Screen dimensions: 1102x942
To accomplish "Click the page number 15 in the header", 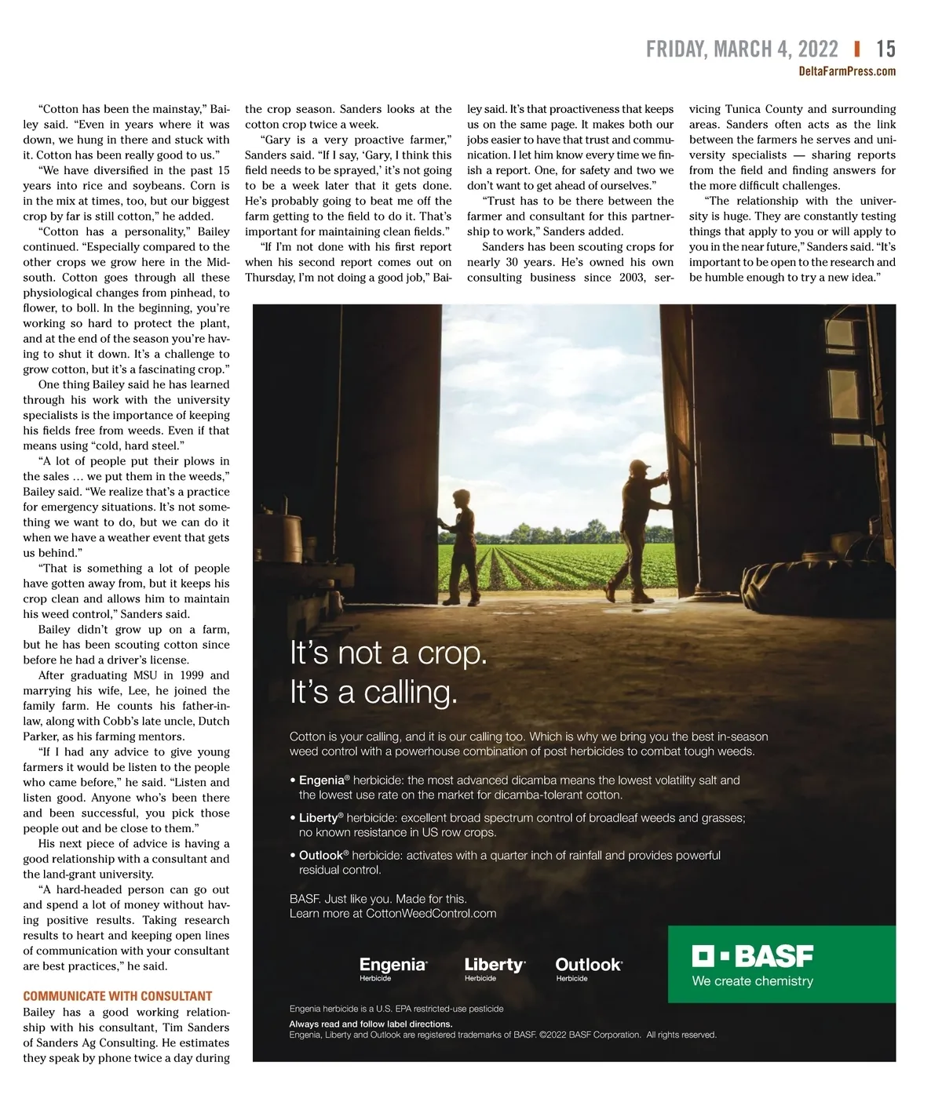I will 885,49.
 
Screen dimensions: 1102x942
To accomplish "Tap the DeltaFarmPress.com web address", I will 846,71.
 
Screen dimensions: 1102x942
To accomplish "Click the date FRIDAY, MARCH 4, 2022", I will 742,49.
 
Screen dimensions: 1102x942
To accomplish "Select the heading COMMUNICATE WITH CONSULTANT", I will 118,996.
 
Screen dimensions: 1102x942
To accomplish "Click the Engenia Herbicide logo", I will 392,968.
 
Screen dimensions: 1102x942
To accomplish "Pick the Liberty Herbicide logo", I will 495,968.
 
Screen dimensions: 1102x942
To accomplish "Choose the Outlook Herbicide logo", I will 588,968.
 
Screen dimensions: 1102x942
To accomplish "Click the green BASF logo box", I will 781,964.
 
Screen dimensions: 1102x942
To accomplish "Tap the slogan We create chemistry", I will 752,981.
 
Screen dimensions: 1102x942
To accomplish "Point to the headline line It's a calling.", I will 373,693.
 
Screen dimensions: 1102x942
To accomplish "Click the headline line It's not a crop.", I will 389,653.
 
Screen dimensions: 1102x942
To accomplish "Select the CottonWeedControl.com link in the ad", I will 431,913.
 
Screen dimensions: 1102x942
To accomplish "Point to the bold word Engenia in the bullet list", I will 322,780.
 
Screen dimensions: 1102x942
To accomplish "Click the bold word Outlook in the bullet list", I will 321,855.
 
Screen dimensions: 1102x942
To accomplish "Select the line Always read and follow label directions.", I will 371,1024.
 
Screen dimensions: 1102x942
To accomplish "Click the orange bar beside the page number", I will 856,49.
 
